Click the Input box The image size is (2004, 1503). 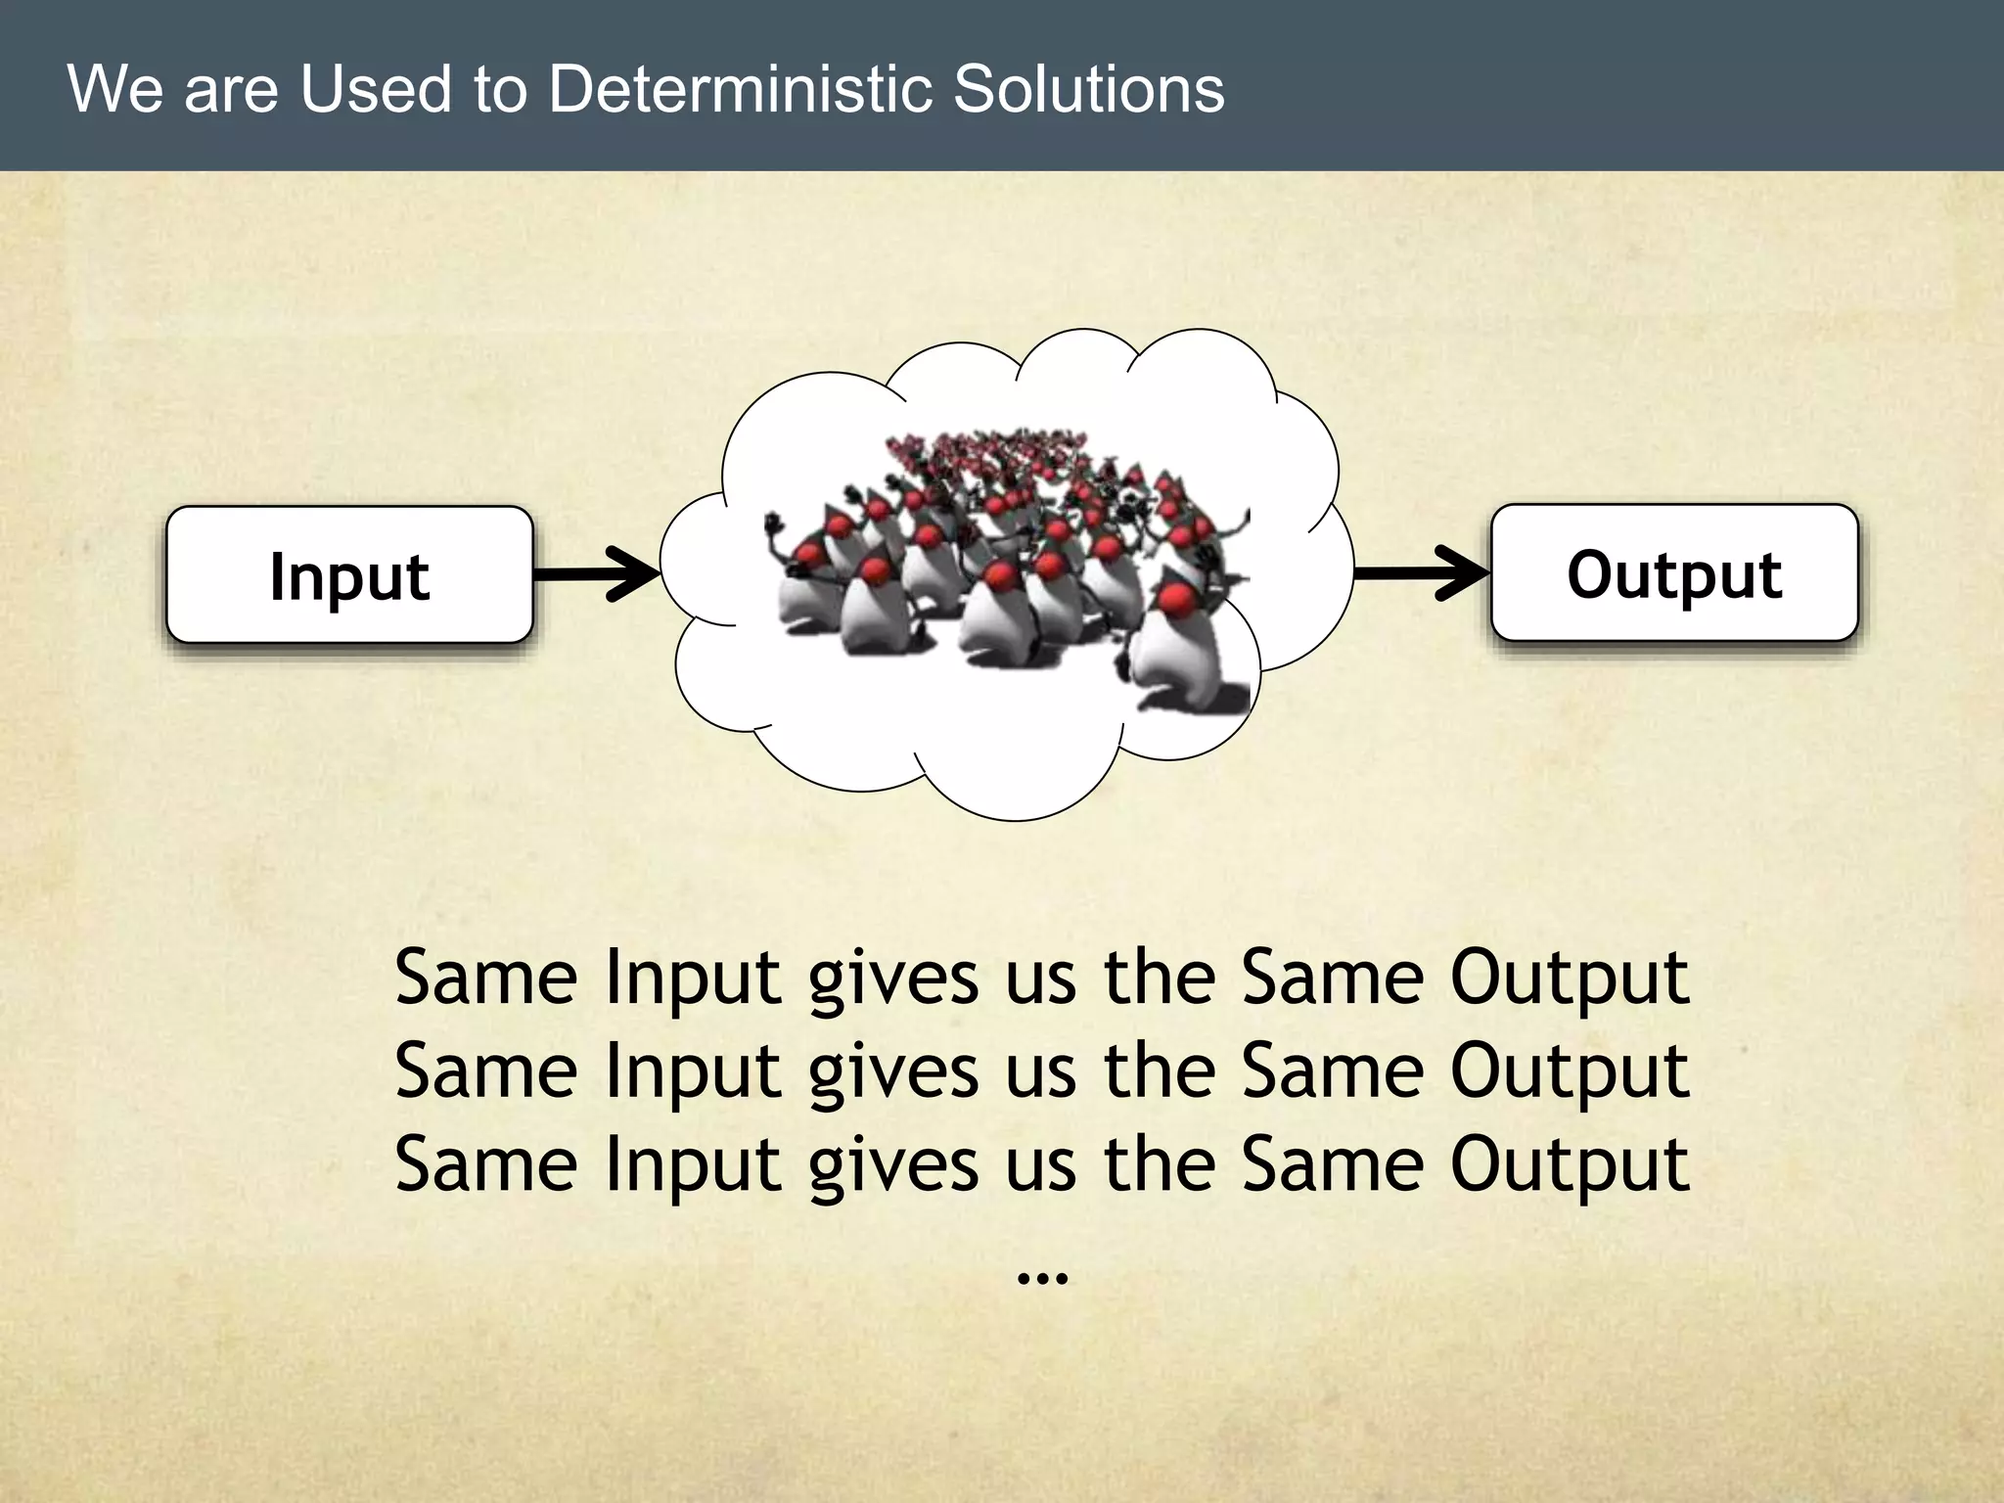coord(349,575)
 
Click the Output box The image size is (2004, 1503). coord(1673,573)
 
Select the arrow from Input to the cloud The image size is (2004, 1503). coord(597,573)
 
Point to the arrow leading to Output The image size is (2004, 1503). coord(1421,572)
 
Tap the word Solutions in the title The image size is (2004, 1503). coord(1088,89)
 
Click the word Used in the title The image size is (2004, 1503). coord(376,89)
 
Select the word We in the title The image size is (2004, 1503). coord(114,89)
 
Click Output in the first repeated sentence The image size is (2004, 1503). coord(1570,979)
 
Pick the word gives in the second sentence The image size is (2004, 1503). coord(892,1072)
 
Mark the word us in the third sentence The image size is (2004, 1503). coord(1041,1164)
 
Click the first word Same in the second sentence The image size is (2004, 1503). coord(486,1070)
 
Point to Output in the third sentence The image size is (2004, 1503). coord(1570,1164)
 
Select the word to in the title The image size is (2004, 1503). coord(500,89)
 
